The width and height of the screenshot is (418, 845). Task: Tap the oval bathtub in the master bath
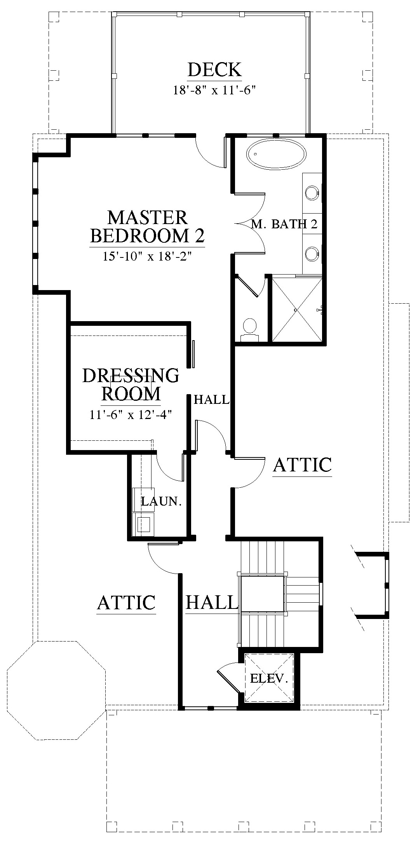tap(276, 154)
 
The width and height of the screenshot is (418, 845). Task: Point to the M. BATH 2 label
tap(285, 224)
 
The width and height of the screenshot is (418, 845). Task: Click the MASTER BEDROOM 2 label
tap(147, 227)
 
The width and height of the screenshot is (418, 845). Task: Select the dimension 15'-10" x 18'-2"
tap(147, 256)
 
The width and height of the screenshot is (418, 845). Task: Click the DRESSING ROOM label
tap(131, 384)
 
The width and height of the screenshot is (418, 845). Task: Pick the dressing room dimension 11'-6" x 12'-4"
tap(131, 415)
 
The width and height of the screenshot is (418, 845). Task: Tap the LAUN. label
tap(162, 501)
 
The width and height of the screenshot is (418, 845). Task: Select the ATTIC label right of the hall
tap(303, 465)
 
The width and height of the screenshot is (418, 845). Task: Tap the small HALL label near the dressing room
tap(212, 400)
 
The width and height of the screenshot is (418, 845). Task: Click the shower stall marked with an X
tap(297, 309)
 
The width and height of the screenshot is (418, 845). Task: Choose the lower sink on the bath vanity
tap(312, 254)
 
